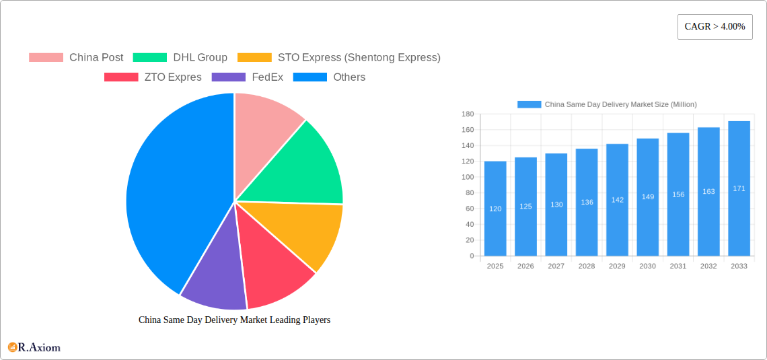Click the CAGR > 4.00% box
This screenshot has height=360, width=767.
click(715, 27)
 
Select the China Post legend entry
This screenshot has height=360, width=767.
click(76, 58)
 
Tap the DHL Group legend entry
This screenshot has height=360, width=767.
click(180, 58)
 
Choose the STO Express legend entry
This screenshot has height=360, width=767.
click(340, 58)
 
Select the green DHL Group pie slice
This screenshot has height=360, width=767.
click(303, 165)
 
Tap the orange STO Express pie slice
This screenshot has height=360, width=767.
click(306, 232)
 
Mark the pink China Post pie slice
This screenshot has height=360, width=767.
click(266, 121)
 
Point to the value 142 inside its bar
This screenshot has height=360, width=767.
click(617, 200)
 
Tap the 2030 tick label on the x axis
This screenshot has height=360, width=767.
click(647, 266)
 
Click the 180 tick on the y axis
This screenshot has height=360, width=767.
click(468, 114)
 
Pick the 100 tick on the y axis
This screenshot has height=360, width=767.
click(468, 177)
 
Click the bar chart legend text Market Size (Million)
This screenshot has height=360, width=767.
click(620, 104)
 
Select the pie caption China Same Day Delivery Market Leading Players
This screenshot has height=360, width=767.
click(234, 320)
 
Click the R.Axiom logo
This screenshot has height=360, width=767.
click(34, 347)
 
